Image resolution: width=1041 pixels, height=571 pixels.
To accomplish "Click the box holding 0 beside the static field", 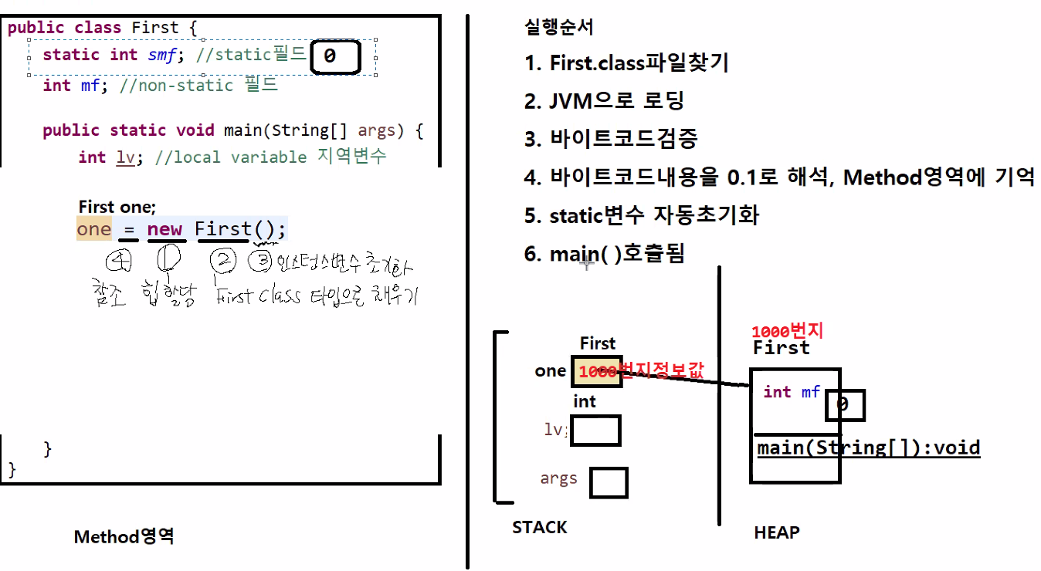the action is [335, 57].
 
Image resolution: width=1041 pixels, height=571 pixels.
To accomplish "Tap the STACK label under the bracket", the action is [539, 528].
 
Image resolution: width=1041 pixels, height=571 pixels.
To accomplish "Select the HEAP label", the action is [776, 532].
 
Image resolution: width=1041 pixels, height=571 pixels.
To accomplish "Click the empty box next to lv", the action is [595, 431].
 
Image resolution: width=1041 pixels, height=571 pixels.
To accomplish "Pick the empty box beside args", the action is [609, 482].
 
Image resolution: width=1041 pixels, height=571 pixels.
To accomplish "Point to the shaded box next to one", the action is [596, 371].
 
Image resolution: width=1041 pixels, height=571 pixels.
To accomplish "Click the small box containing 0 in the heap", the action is [844, 405].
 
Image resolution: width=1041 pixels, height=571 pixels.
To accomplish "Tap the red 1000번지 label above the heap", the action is [788, 332].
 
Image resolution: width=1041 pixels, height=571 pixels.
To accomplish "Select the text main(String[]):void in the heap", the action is [868, 448].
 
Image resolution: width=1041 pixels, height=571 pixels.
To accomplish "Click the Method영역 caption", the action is [124, 536].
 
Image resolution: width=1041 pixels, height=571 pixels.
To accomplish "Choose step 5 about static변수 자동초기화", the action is [641, 215].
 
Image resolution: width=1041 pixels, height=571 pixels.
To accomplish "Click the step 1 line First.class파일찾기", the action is [626, 63].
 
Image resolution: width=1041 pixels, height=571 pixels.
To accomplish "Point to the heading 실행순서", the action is [558, 28].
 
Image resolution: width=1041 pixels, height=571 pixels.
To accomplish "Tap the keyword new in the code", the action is [164, 230].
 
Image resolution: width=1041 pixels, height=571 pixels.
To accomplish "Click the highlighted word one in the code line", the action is [93, 230].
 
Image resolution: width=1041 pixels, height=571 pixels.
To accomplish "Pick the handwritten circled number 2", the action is [223, 262].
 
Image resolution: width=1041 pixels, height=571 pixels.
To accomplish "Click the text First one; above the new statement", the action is [117, 207].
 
